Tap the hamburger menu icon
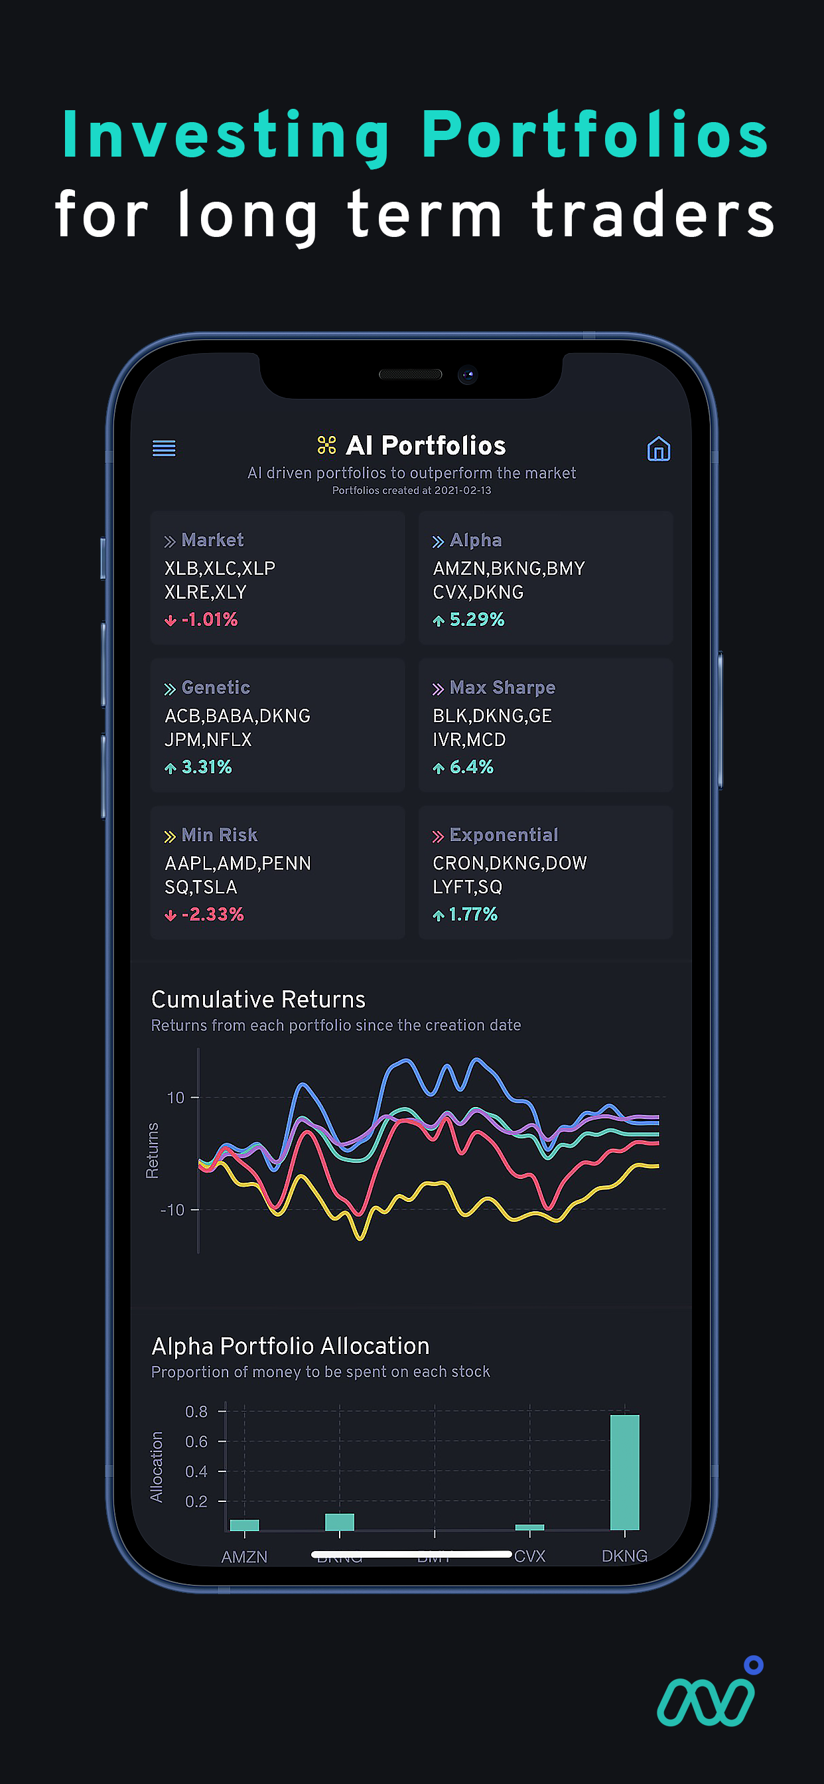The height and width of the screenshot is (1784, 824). [x=164, y=448]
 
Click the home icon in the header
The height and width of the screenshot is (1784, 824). [x=658, y=449]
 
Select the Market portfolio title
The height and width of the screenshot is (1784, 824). [x=212, y=540]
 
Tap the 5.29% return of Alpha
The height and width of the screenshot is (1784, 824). [x=476, y=620]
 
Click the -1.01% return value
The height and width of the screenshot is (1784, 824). [x=209, y=620]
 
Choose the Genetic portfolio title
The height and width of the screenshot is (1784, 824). [x=216, y=688]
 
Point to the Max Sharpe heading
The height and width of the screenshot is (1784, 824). [x=502, y=688]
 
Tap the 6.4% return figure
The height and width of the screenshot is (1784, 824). [x=471, y=767]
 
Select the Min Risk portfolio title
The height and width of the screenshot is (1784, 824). [x=219, y=835]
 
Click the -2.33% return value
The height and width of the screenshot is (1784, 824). [x=212, y=915]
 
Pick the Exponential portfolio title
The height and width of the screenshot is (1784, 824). [x=504, y=835]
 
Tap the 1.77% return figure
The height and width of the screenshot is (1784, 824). [x=473, y=915]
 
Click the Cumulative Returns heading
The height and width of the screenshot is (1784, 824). [x=258, y=1000]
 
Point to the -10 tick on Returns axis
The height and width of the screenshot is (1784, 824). [x=172, y=1210]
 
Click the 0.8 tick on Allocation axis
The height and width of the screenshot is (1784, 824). [x=196, y=1412]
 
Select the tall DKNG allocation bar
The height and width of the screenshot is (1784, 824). [x=624, y=1471]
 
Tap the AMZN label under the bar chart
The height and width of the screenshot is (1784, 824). [x=243, y=1557]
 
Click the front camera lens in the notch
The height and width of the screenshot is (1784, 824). [x=468, y=375]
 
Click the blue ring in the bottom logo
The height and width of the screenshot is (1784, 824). [x=754, y=1665]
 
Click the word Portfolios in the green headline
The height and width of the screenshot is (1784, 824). [x=595, y=135]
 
